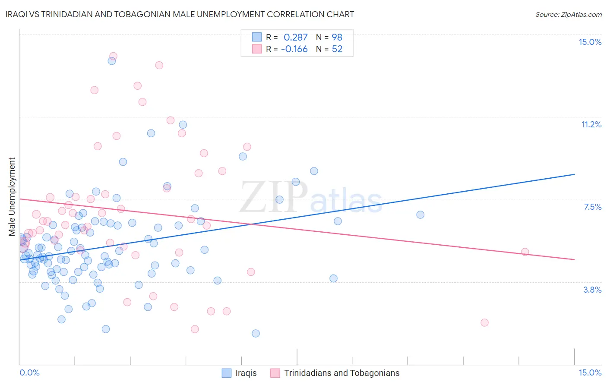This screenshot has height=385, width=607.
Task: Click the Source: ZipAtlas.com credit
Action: tap(568, 14)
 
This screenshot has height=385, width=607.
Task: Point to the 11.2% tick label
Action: tap(591, 124)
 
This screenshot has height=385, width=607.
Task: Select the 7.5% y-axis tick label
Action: tap(592, 207)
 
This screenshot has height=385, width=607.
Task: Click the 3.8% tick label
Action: tap(592, 290)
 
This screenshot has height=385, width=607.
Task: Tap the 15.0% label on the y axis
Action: tap(590, 42)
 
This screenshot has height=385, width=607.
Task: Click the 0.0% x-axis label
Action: tap(29, 372)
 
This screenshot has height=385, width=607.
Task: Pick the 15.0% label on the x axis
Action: tap(590, 372)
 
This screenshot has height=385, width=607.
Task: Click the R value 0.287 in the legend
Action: tap(295, 38)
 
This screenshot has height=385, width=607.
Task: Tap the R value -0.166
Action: tap(294, 49)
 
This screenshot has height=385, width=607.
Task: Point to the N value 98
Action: tap(337, 38)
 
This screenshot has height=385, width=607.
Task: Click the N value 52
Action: tap(337, 49)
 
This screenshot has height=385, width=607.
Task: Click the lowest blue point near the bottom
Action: tap(256, 333)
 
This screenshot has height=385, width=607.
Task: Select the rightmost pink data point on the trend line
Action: tap(525, 252)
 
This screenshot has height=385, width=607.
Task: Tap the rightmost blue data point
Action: tap(420, 215)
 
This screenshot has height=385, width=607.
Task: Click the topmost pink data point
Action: tap(113, 56)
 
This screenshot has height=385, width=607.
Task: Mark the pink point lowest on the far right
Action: tap(484, 322)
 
